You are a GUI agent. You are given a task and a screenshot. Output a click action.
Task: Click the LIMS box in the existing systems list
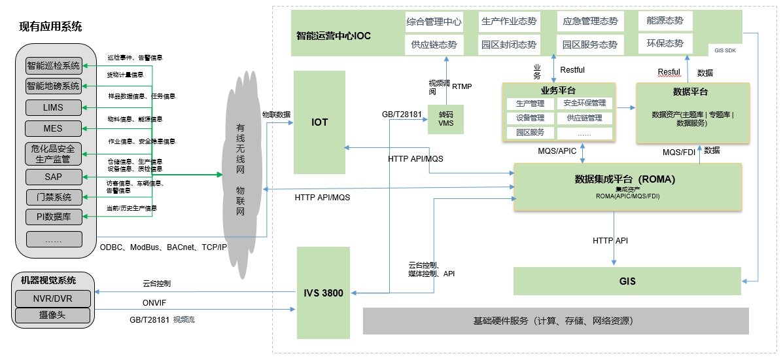pos(54,107)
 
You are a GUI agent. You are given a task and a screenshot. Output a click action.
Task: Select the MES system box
pos(54,128)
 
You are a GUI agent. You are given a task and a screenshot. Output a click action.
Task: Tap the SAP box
pos(54,177)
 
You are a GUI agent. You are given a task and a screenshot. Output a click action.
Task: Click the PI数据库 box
pos(54,217)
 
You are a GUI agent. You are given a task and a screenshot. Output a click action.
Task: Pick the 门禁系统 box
pos(54,197)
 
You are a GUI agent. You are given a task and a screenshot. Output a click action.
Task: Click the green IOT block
pos(319,122)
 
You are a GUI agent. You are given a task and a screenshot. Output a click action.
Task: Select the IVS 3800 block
pos(323,293)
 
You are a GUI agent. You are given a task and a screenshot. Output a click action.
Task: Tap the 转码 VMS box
pos(445,118)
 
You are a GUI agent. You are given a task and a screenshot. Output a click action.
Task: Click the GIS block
pos(627,281)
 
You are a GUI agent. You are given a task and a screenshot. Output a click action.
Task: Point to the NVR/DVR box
pos(54,299)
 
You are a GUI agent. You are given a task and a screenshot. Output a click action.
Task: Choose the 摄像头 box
pos(54,315)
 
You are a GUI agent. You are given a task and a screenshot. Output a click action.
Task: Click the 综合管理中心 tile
pos(434,22)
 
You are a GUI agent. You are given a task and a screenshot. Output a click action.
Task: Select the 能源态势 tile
pos(665,21)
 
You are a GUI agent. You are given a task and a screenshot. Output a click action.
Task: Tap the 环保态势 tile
pos(665,44)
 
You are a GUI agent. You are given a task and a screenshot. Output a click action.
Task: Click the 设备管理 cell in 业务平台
pos(530,118)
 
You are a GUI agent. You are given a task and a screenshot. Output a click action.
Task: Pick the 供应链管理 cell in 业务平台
pos(585,118)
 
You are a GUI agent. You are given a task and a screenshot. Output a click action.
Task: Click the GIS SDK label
pos(725,50)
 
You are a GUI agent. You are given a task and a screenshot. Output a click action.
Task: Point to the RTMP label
pos(462,86)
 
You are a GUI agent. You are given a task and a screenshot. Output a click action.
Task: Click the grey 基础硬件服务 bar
pos(555,321)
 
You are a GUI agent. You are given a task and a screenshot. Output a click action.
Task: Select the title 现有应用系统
pos(51,27)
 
